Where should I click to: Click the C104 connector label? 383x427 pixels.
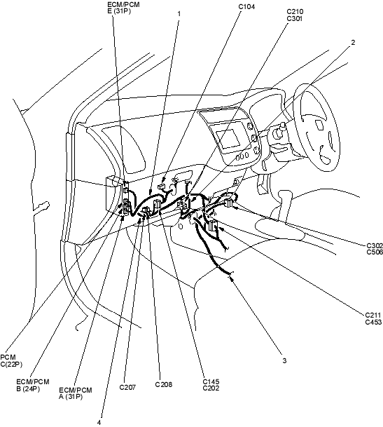coord(246,7)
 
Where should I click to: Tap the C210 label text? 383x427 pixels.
coord(295,11)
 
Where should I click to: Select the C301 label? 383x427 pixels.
coord(295,18)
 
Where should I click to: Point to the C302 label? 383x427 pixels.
coord(375,245)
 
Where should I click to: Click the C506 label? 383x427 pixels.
coord(375,252)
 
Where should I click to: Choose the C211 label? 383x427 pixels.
coord(373,316)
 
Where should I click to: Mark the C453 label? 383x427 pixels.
coord(373,323)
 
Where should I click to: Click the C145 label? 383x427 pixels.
coord(211,381)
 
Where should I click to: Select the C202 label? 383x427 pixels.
coord(211,388)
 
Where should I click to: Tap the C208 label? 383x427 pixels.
coord(164,384)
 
